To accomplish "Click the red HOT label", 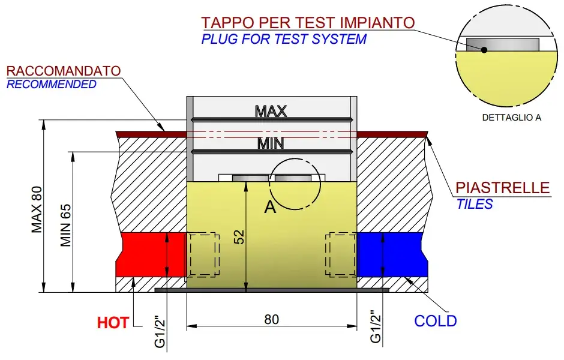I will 113,323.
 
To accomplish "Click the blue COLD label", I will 436,321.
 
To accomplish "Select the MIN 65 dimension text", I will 66,226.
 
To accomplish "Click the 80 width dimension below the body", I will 271,319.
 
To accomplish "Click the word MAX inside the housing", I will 271,111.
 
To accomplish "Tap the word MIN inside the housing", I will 271,143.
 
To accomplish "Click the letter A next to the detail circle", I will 270,208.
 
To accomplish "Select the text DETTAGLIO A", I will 512,118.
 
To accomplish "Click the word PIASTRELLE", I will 503,188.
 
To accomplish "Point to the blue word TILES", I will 474,204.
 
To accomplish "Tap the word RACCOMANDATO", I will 64,70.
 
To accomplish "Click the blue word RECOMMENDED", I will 52,84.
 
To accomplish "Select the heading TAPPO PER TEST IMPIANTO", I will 308,23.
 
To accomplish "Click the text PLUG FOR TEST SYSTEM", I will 284,40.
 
